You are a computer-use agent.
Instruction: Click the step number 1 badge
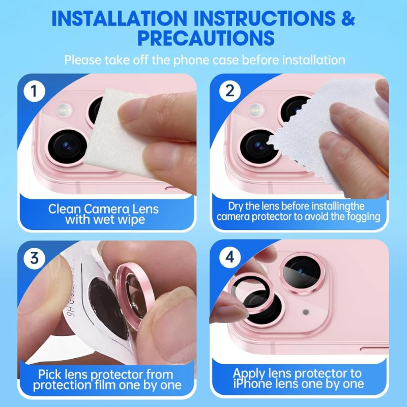[34, 92]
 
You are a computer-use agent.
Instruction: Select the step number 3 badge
[34, 257]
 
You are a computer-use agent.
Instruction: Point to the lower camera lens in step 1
[68, 145]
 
